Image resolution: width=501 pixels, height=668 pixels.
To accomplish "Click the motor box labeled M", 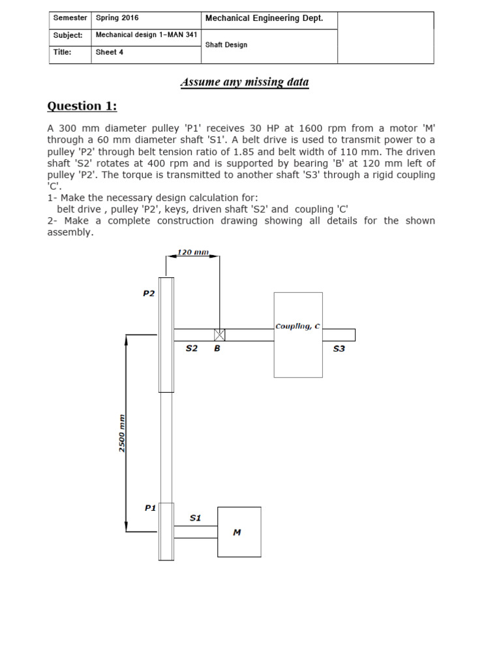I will pos(239,532).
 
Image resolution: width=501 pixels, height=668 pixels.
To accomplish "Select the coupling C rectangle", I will pos(298,335).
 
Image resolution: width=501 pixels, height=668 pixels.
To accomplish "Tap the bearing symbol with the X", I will pos(219,335).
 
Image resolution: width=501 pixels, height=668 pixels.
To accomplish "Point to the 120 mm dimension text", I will pos(192,252).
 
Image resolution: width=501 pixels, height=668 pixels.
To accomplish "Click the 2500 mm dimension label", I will pos(122,432).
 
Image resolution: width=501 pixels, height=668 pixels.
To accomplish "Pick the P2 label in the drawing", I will pos(149,294).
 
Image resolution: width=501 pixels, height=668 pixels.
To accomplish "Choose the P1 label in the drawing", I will pos(149,508).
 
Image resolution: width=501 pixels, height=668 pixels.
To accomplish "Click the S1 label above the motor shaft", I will pos(195,518).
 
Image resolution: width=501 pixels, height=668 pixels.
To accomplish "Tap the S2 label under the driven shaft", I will pos(191,348).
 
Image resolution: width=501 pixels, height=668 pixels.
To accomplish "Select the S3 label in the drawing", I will pos(339,348).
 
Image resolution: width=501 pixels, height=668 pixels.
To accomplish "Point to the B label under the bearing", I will pos(217,348).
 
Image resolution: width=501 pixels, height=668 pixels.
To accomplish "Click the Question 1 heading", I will pos(82,106).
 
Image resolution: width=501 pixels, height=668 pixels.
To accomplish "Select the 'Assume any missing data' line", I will pos(245,82).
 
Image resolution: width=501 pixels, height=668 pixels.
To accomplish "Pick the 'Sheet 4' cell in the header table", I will pos(110,52).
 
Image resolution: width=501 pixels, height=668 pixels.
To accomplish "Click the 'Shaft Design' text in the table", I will pos(226,45).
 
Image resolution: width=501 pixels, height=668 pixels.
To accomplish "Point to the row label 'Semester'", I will pos(70,18).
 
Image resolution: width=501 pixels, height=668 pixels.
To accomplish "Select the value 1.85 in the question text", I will pos(283,152).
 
